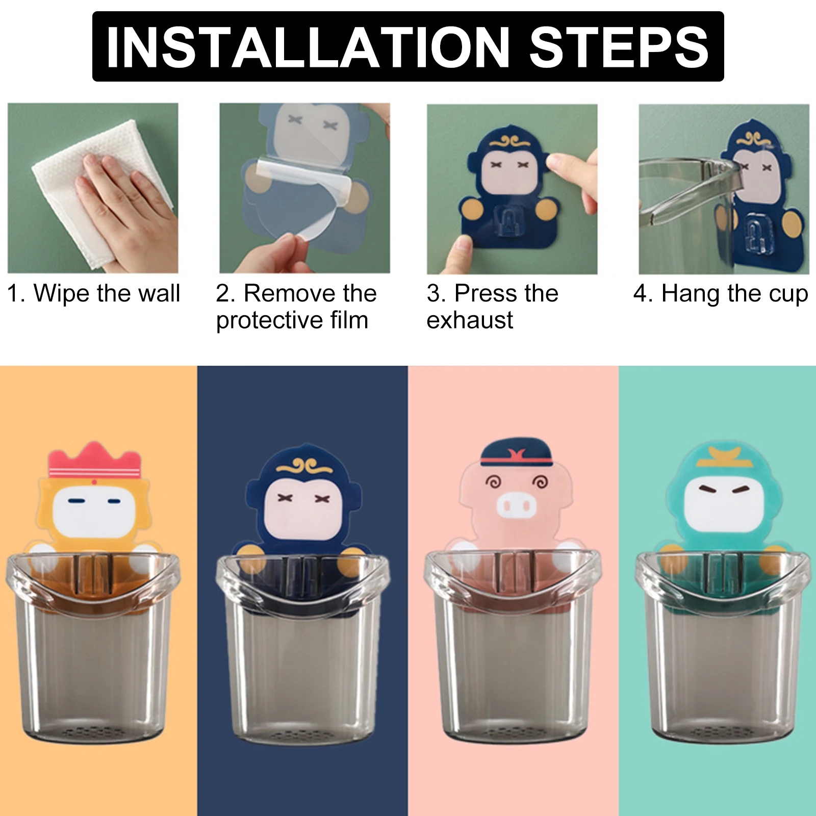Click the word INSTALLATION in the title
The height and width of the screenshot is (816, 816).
tap(308, 47)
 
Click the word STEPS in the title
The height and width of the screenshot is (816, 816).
tap(619, 47)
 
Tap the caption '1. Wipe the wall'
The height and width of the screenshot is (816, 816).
tap(93, 294)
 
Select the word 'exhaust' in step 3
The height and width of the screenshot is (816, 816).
tap(470, 320)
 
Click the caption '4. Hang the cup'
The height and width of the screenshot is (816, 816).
tap(721, 294)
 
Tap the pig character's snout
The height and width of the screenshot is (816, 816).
tap(517, 505)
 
